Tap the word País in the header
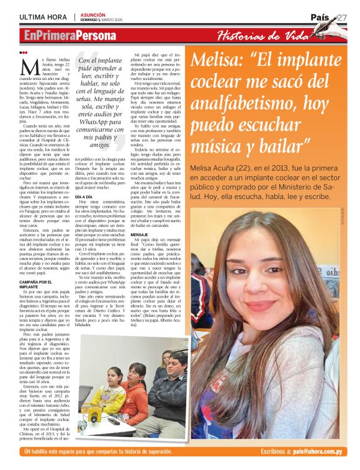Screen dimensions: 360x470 (321, 17)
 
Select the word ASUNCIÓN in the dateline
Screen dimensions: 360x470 (93, 14)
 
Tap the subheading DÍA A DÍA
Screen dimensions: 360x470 (84, 196)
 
